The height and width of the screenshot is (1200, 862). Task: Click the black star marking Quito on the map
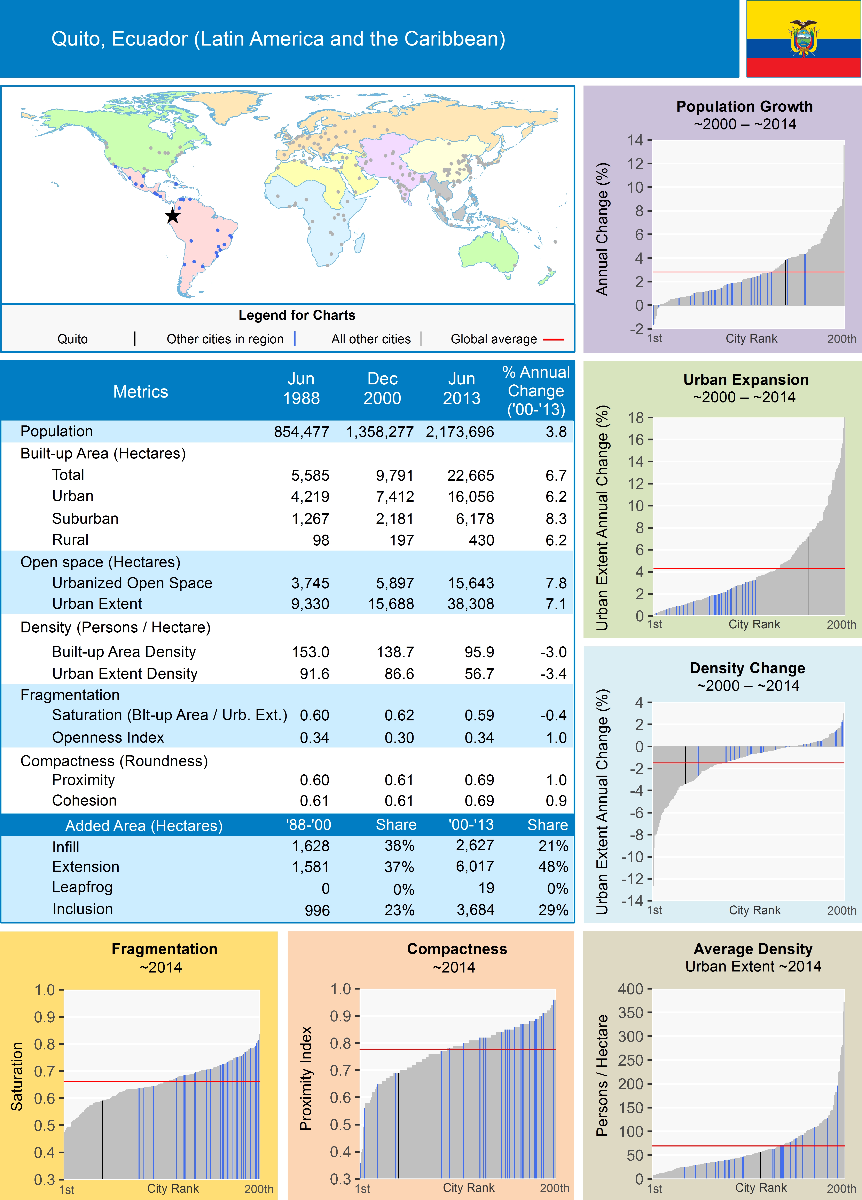172,216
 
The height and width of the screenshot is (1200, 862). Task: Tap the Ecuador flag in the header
803,39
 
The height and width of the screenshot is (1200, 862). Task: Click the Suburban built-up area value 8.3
556,519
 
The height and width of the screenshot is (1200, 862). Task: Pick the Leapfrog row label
82,887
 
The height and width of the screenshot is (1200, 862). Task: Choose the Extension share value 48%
553,867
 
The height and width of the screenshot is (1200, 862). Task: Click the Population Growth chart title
744,106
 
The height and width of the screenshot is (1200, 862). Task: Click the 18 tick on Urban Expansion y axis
635,417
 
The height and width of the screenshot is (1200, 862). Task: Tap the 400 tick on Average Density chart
630,989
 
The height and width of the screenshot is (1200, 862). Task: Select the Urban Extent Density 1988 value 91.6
314,674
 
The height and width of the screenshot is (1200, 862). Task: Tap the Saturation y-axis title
17,1077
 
